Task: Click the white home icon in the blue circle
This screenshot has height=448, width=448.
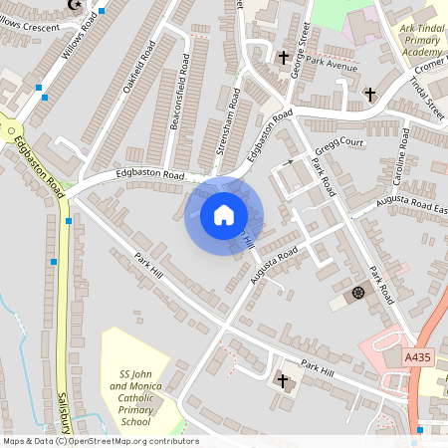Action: (224, 215)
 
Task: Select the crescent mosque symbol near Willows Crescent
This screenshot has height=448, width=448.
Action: (73, 4)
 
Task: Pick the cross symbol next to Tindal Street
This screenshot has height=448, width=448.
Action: (370, 95)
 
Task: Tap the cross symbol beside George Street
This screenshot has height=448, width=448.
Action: (283, 58)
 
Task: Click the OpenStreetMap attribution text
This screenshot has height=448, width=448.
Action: (101, 441)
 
